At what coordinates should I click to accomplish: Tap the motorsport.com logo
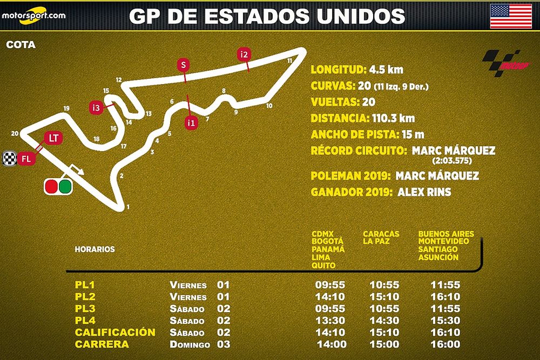[33, 15]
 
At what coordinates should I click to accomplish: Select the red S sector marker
[184, 66]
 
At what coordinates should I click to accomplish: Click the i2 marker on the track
[245, 54]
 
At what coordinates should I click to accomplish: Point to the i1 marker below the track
[191, 123]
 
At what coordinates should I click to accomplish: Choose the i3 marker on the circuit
[97, 107]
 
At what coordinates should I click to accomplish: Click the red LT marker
[53, 138]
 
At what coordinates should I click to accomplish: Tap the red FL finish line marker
[26, 159]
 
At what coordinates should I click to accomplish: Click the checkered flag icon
[9, 159]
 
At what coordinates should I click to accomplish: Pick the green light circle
[65, 186]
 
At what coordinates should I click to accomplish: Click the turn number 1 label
[128, 207]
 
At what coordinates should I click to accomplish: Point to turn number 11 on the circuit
[290, 60]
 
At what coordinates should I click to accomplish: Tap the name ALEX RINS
[424, 192]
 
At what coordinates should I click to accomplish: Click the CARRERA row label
[102, 344]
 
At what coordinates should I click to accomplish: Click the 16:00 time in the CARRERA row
[446, 344]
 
